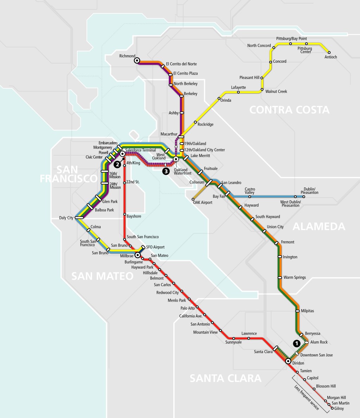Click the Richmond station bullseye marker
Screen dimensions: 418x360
pyautogui.click(x=136, y=61)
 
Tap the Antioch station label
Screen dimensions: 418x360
pyautogui.click(x=331, y=57)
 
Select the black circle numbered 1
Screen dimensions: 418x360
pyautogui.click(x=297, y=343)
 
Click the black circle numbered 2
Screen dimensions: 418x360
pyautogui.click(x=117, y=164)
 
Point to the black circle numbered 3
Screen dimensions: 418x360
pyautogui.click(x=165, y=171)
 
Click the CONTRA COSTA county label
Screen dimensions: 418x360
pyautogui.click(x=289, y=110)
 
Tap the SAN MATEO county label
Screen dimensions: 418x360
pyautogui.click(x=102, y=276)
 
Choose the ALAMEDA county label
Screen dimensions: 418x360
pyautogui.click(x=319, y=226)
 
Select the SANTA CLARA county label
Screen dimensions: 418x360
pyautogui.click(x=225, y=378)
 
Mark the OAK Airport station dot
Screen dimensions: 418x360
pyautogui.click(x=193, y=199)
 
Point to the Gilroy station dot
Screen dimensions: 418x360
pyautogui.click(x=332, y=408)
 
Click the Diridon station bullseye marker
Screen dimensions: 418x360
pyautogui.click(x=288, y=361)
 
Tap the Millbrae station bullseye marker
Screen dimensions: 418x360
pyautogui.click(x=137, y=255)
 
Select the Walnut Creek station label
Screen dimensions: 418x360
pyautogui.click(x=276, y=91)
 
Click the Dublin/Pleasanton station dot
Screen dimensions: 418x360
pyautogui.click(x=304, y=197)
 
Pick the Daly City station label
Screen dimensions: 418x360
pyautogui.click(x=66, y=218)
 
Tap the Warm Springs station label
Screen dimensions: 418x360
pyautogui.click(x=295, y=277)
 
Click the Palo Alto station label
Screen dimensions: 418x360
pyautogui.click(x=187, y=308)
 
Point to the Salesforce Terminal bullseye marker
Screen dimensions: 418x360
pyautogui.click(x=122, y=154)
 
